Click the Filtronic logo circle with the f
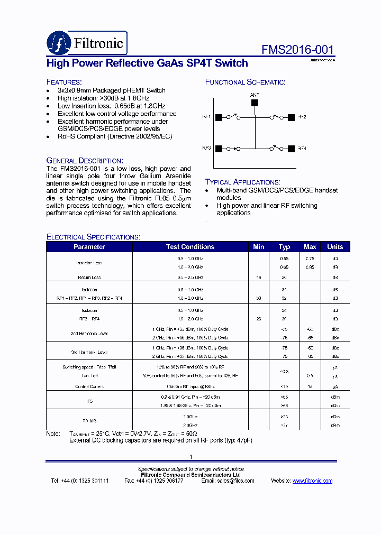coord(58,43)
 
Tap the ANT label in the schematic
coord(255,95)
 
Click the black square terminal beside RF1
coord(217,117)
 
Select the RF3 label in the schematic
coord(206,149)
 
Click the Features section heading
coord(64,82)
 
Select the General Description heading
coord(85,160)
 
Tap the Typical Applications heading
coord(242,182)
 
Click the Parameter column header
coord(89,247)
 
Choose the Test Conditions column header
coord(190,247)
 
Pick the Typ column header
coord(284,247)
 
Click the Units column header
coord(335,247)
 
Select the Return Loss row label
coord(89,278)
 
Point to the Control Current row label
coord(89,386)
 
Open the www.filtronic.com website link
coord(312,481)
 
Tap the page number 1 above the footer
coord(190,457)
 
